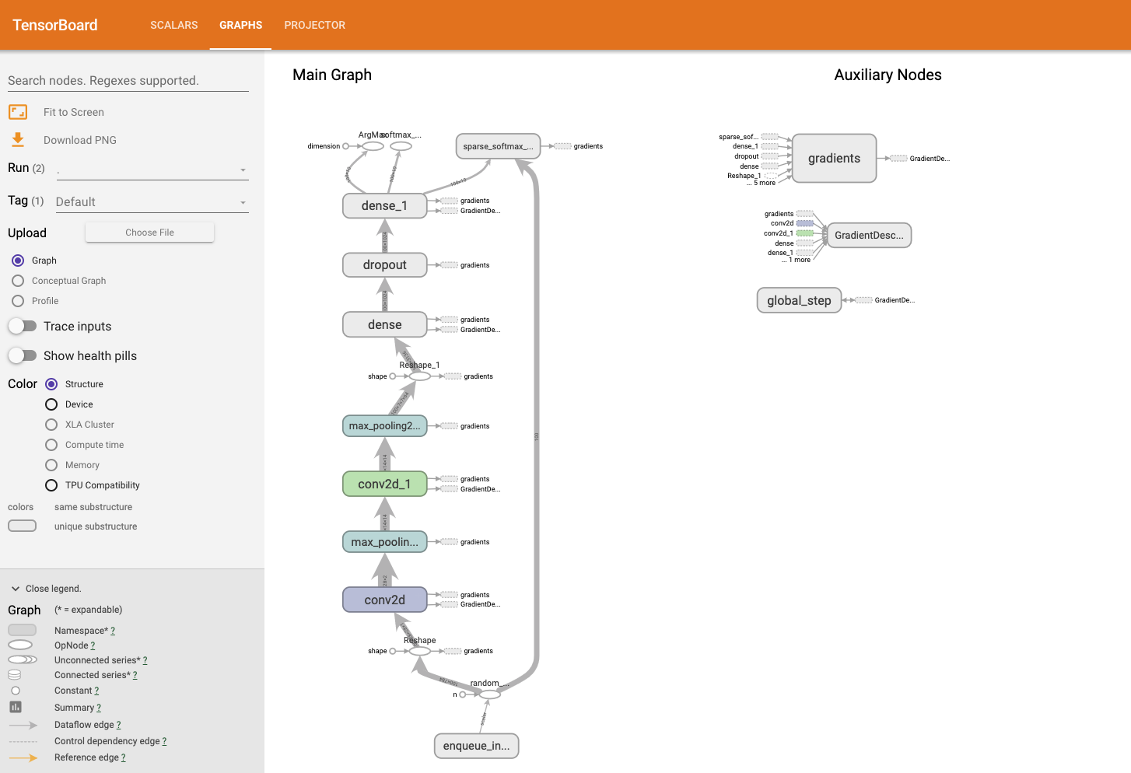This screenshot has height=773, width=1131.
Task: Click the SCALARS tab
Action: (173, 25)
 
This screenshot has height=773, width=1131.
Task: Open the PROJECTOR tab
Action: (314, 25)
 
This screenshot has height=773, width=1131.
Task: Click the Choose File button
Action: (149, 233)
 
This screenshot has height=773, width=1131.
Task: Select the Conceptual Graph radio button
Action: (18, 281)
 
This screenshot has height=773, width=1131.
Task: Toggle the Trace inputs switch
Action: (23, 326)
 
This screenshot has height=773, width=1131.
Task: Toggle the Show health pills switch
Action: (23, 355)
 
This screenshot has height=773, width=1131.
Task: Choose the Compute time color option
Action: (51, 445)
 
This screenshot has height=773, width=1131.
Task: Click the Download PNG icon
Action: (18, 140)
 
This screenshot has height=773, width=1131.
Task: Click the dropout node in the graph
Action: (384, 265)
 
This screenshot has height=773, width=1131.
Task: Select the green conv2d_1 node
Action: (384, 484)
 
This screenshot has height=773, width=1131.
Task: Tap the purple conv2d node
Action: (384, 600)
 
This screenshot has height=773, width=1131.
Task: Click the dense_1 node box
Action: (384, 205)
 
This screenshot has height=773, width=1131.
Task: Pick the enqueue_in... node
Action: (476, 746)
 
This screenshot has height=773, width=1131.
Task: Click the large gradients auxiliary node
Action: (834, 159)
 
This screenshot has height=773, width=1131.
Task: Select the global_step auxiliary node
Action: (799, 300)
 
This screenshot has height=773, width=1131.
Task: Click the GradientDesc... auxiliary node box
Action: (869, 235)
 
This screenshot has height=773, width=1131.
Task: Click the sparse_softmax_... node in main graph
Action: (498, 146)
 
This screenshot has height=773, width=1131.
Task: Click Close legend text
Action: (53, 589)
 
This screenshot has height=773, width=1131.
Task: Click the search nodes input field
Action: (128, 81)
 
